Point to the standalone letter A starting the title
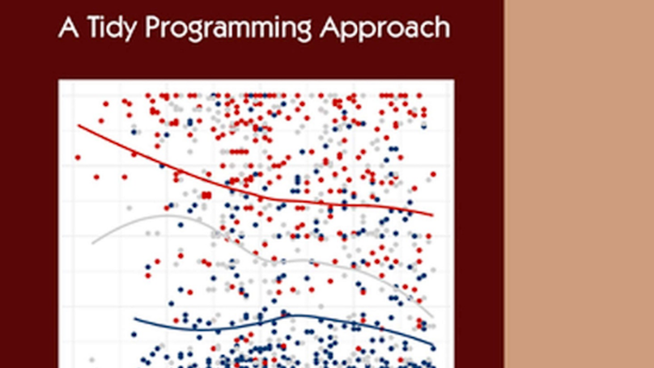(66, 27)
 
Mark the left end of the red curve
(79, 125)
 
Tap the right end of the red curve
(432, 215)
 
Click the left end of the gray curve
(93, 242)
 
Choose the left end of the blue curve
(134, 319)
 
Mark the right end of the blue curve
(433, 347)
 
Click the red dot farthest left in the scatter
(78, 157)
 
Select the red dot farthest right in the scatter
(434, 174)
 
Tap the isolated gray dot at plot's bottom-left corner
(91, 358)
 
